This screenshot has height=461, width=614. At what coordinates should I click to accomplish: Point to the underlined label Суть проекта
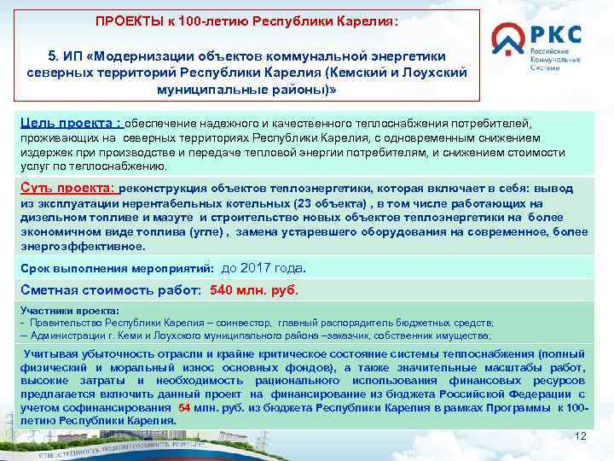(67, 188)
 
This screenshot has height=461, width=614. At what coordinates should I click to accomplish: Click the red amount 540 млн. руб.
(254, 289)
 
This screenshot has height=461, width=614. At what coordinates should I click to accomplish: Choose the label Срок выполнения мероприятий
(117, 268)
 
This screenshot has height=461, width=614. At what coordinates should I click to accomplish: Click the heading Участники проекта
(69, 311)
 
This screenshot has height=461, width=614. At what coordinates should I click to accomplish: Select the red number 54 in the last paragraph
(184, 408)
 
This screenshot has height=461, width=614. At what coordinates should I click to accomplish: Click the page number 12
(582, 436)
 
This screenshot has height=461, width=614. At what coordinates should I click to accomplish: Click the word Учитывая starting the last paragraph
(53, 353)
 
